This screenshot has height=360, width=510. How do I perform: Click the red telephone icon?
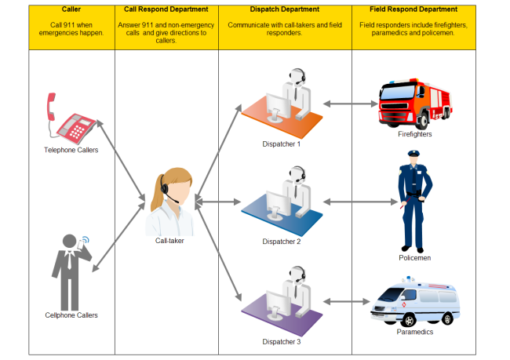71,119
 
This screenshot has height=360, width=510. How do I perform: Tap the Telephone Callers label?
71,150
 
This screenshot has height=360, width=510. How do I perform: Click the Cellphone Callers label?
71,315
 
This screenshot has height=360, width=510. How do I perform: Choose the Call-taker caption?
170,241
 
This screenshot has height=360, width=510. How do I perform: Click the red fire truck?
414,103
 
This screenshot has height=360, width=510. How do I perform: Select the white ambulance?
413,304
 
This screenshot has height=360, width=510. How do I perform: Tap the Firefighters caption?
414,134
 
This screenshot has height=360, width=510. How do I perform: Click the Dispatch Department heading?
285,9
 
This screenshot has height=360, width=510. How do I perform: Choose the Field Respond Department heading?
413,9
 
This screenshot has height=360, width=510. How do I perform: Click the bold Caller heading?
71,9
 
